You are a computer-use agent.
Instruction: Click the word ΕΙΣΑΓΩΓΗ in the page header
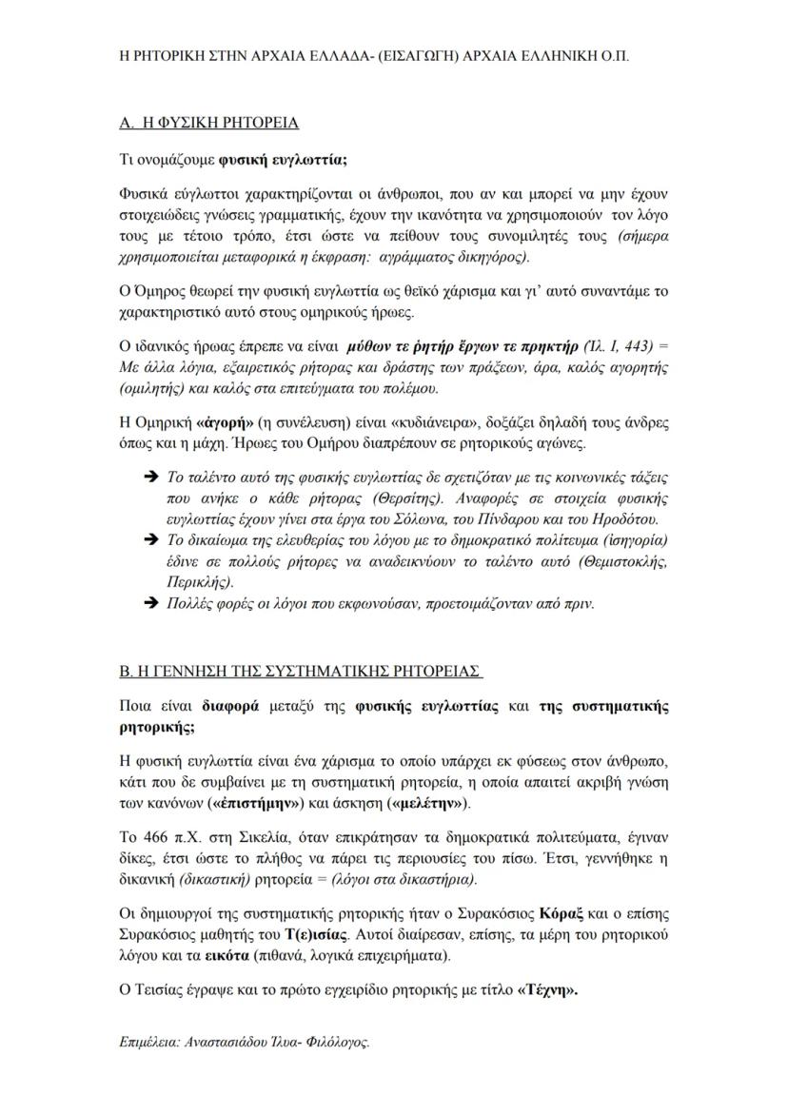point(417,56)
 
